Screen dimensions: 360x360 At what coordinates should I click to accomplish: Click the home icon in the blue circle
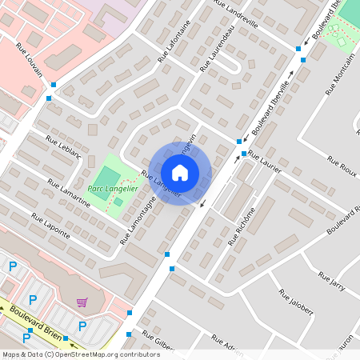pyautogui.click(x=180, y=172)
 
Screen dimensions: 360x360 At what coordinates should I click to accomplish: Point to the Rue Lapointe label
pyautogui.click(x=50, y=227)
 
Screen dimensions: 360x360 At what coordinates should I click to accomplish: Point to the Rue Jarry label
pyautogui.click(x=331, y=282)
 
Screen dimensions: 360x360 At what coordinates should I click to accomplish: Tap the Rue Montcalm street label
pyautogui.click(x=341, y=79)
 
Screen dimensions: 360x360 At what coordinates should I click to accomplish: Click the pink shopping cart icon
pyautogui.click(x=82, y=302)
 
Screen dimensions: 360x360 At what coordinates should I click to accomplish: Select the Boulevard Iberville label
pyautogui.click(x=272, y=110)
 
